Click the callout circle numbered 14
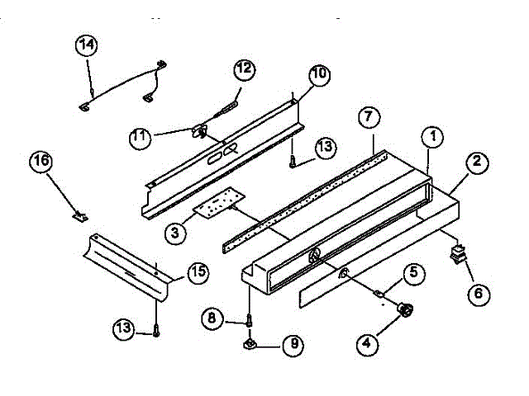tap(86, 45)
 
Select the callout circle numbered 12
tap(245, 69)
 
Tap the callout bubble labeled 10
tap(320, 74)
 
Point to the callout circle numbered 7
tap(369, 117)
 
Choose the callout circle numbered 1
tap(433, 136)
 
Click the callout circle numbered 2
tap(477, 162)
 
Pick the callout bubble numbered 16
tap(41, 161)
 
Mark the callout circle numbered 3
tap(175, 233)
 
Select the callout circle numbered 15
tap(198, 271)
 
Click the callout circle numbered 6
tap(479, 294)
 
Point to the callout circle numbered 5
tap(413, 272)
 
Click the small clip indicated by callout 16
tap(80, 216)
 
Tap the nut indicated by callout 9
tap(250, 345)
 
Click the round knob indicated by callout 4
tap(405, 309)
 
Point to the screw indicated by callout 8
tap(249, 320)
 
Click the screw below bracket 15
tap(156, 330)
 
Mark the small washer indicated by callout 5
tap(379, 294)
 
